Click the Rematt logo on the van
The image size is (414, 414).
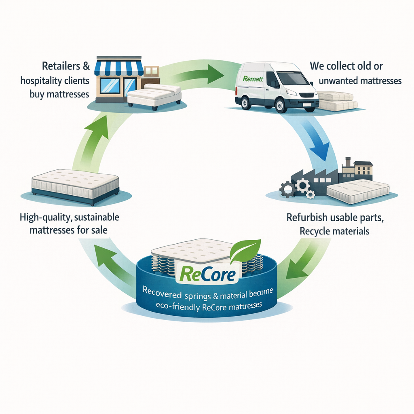tap(252, 79)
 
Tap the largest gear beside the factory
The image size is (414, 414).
tap(302, 185)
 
